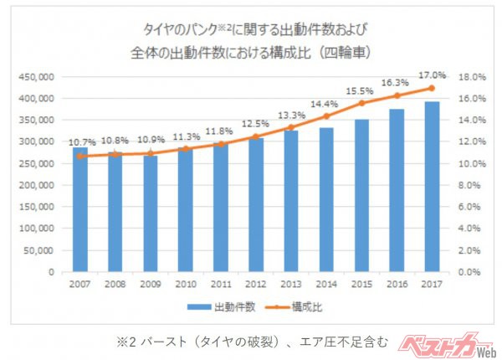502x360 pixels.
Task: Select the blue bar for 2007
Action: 79,210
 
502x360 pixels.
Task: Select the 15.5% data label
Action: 361,90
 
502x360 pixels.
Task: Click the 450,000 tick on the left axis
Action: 35,76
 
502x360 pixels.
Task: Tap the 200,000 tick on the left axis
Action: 35,185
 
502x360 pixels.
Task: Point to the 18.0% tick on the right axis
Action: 470,76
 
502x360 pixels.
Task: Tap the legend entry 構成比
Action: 306,307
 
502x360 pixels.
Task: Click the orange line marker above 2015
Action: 361,103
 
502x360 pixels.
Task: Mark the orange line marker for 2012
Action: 256,136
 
